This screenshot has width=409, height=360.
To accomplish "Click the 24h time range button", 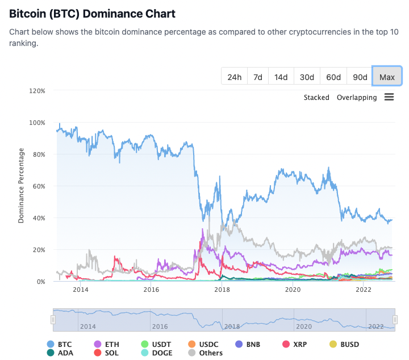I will point(235,77).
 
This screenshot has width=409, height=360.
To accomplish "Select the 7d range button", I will point(258,77).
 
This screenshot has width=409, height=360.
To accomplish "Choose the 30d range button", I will point(307,77).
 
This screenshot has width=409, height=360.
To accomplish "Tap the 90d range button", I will point(360,77).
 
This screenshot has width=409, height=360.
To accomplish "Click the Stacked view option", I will point(316,98).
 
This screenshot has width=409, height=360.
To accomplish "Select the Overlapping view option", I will point(357,98).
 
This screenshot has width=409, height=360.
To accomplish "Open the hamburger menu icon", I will point(389,97).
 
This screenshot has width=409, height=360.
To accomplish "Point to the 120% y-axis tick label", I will point(37,91).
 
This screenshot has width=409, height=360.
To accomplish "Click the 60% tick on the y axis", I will point(39,186).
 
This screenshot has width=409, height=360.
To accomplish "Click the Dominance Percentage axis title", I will point(22,186).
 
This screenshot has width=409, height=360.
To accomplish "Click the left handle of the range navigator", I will point(53,320).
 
